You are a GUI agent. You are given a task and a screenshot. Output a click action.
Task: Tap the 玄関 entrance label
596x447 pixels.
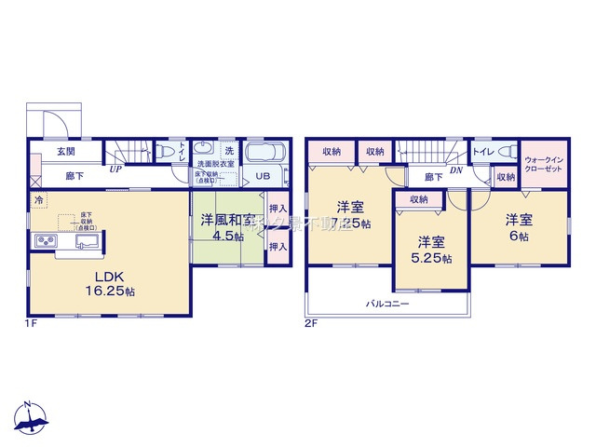pyautogui.click(x=65, y=152)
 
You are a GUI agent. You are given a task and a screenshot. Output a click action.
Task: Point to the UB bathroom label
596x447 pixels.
pyautogui.click(x=264, y=174)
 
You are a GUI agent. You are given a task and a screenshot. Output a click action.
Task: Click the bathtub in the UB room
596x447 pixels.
pyautogui.click(x=268, y=152)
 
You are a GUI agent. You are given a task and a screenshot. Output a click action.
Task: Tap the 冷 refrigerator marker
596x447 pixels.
pyautogui.click(x=39, y=199)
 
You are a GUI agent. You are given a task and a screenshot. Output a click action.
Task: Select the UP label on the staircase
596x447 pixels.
pyautogui.click(x=115, y=169)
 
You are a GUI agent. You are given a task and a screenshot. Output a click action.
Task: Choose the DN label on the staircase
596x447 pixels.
pyautogui.click(x=455, y=169)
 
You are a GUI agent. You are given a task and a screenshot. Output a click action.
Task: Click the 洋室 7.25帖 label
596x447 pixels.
pyautogui.click(x=351, y=214)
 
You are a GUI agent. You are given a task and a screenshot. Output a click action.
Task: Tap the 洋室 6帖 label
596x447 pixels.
pyautogui.click(x=518, y=228)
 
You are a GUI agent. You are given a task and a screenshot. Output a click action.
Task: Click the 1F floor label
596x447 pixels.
pyautogui.click(x=32, y=323)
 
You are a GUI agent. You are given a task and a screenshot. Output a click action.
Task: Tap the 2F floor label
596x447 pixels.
pyautogui.click(x=312, y=323)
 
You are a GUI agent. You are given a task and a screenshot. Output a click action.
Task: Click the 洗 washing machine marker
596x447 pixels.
pyautogui.click(x=228, y=150)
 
